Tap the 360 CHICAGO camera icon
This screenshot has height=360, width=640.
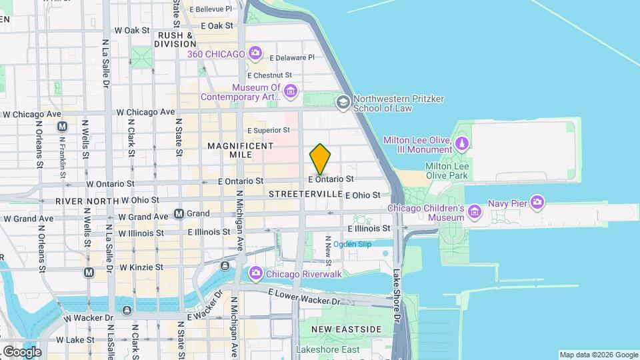(x=255, y=53)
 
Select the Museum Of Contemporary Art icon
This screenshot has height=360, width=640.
(x=289, y=91)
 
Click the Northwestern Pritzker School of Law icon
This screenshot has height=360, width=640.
(x=343, y=102)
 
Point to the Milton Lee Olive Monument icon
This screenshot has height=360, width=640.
(x=461, y=143)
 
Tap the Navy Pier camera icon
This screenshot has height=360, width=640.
(x=537, y=202)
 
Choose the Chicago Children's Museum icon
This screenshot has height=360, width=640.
(x=475, y=213)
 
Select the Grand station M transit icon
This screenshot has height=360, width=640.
(x=179, y=214)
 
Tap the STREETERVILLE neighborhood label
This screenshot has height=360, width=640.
(x=305, y=193)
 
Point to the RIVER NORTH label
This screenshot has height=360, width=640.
(x=86, y=200)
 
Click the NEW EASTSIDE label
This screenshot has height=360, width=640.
(x=346, y=329)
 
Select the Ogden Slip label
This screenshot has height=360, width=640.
(x=352, y=244)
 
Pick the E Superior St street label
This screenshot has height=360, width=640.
(x=269, y=131)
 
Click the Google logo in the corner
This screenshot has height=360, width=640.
(x=22, y=351)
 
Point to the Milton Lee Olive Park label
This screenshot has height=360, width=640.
(x=447, y=171)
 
